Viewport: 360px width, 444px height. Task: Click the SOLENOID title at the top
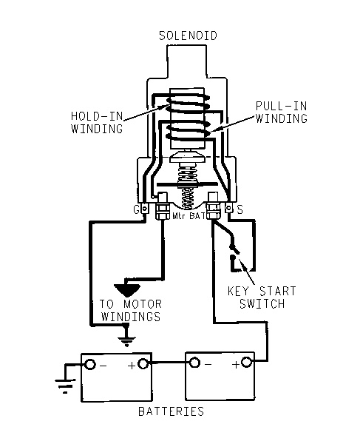188,36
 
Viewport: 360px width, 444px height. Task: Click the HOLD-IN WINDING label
97,122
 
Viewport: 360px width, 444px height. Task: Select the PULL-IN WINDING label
282,112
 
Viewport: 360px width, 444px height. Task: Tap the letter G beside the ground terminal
137,209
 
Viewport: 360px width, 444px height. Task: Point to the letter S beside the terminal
240,209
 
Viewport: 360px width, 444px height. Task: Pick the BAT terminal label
197,216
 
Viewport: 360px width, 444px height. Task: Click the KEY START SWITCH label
262,297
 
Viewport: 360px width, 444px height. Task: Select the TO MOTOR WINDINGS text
131,310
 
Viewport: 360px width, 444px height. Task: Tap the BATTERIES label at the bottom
171,411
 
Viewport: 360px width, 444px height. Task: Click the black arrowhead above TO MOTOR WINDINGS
127,290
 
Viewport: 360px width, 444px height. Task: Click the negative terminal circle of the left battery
90,364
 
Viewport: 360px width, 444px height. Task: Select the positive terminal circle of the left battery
143,363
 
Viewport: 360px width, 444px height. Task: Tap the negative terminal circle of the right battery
194,363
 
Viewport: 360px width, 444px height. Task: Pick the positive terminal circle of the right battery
246,362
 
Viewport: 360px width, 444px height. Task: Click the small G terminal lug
144,209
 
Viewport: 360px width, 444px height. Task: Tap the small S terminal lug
228,209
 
